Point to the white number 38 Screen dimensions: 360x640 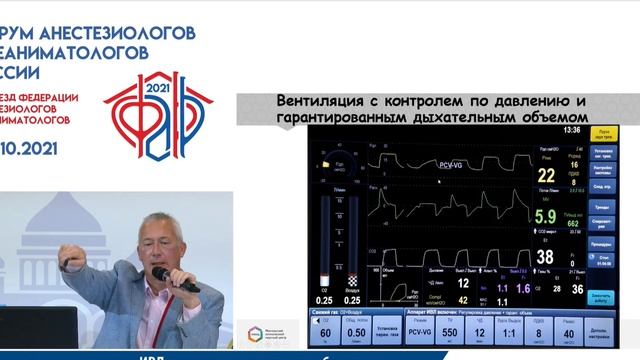(x=545, y=257)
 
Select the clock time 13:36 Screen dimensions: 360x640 (x=571, y=130)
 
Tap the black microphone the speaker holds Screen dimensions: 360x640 (x=174, y=278)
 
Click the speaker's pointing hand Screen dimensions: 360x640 (x=71, y=262)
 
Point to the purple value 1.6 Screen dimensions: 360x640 (x=522, y=288)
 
